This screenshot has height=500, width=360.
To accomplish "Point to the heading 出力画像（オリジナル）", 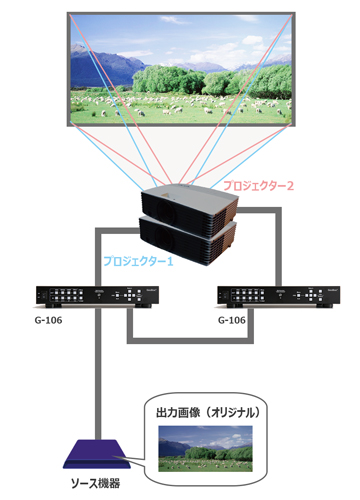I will (x=211, y=412).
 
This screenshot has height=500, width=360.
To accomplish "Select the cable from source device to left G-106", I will (x=98, y=380).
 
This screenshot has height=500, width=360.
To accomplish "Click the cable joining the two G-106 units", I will (x=180, y=343).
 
